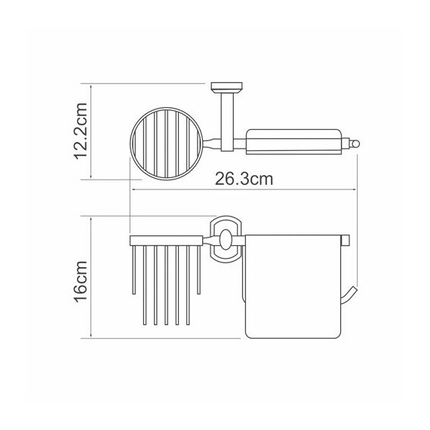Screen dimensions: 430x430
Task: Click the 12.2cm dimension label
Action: [x=81, y=131]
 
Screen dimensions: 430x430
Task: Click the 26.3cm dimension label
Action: [x=244, y=179]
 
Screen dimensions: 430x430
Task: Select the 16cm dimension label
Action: [x=81, y=281]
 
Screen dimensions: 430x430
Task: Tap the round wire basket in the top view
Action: [x=167, y=143]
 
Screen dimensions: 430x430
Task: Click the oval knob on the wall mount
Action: [x=226, y=240]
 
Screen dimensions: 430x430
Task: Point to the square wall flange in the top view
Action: [x=226, y=87]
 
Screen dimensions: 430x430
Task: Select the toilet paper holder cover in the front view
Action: [x=293, y=287]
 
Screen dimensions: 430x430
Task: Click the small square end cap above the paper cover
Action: [x=346, y=240]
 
